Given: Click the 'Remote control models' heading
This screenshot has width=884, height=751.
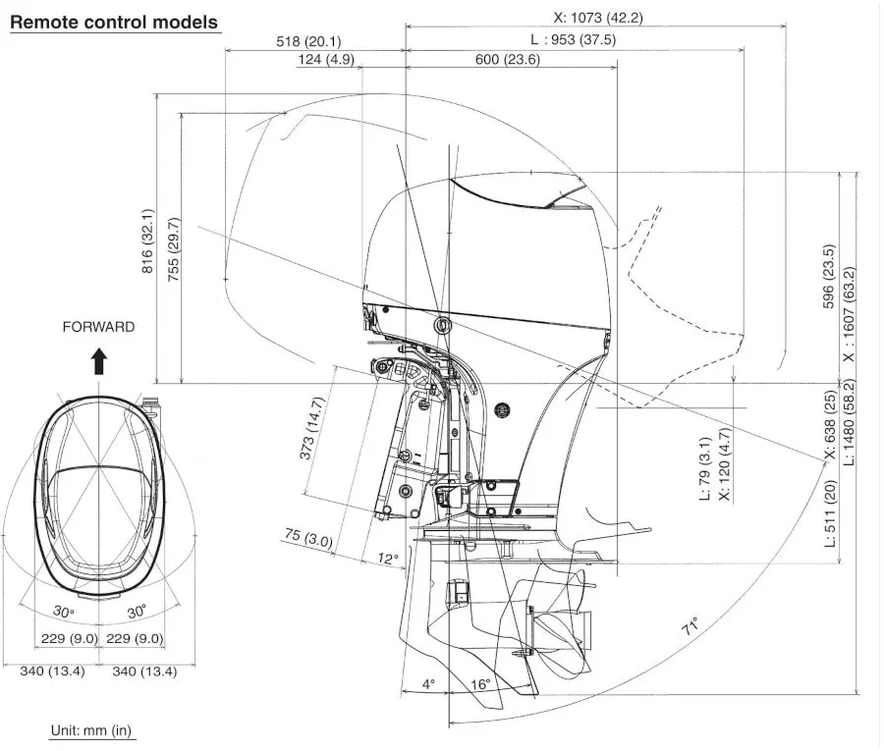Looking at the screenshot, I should [114, 22].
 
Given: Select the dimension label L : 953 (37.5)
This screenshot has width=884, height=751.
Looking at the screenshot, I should [573, 39].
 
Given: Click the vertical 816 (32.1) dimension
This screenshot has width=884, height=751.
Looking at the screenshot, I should [147, 241].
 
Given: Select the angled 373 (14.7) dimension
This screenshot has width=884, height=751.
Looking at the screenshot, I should [312, 429].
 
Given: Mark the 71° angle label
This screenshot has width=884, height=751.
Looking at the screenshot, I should [691, 626].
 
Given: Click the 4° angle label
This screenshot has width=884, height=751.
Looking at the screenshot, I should [428, 684].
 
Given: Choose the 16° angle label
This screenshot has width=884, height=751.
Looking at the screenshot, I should [480, 684].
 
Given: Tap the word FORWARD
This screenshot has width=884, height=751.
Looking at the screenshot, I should [98, 327].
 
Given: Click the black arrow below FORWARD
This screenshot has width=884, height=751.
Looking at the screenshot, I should [99, 361].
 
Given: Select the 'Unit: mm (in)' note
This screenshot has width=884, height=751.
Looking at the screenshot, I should [91, 730].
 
